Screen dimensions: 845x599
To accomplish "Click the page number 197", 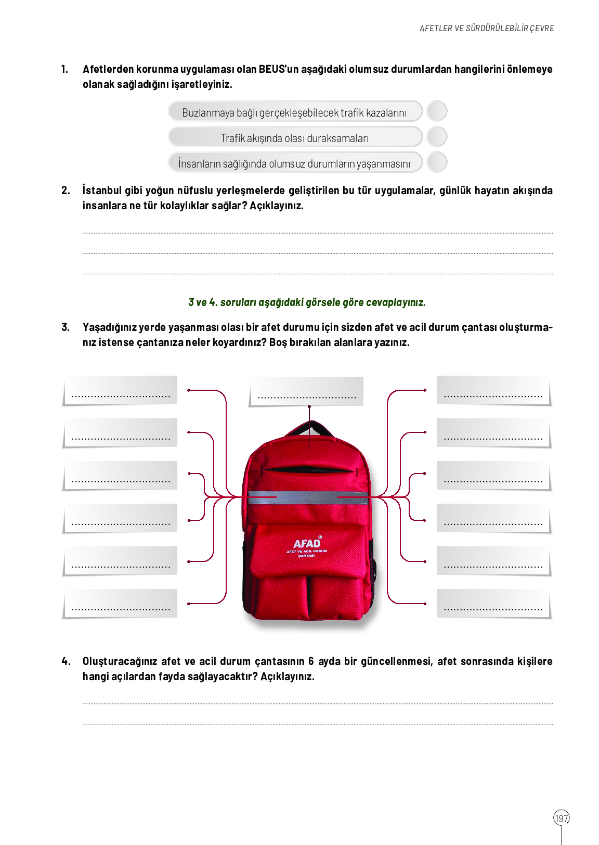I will click(x=561, y=818).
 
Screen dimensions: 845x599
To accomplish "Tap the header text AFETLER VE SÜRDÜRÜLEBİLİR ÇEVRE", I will click(x=487, y=28).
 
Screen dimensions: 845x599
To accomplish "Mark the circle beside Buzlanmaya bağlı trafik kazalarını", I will click(x=437, y=111).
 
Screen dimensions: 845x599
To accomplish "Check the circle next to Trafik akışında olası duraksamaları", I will click(x=437, y=136).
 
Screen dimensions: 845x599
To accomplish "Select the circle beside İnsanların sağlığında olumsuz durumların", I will click(x=437, y=162).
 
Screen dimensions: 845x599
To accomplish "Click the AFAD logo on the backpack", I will click(x=307, y=544).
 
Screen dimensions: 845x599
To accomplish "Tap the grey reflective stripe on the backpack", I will click(x=307, y=497).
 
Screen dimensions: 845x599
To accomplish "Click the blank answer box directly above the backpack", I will click(x=306, y=391).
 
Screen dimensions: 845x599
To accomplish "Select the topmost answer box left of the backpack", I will click(x=121, y=390).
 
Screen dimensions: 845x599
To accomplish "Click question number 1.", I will click(x=64, y=69).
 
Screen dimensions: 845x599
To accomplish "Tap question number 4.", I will click(x=66, y=661).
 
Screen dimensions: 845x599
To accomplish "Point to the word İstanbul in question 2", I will click(x=101, y=190).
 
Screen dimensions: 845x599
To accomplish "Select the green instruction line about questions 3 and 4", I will click(x=307, y=302).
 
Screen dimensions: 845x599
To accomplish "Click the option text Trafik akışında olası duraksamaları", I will click(x=294, y=138).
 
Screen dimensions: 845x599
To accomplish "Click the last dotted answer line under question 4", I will click(x=317, y=723).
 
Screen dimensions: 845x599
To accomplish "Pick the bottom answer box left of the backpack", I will click(x=121, y=604).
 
